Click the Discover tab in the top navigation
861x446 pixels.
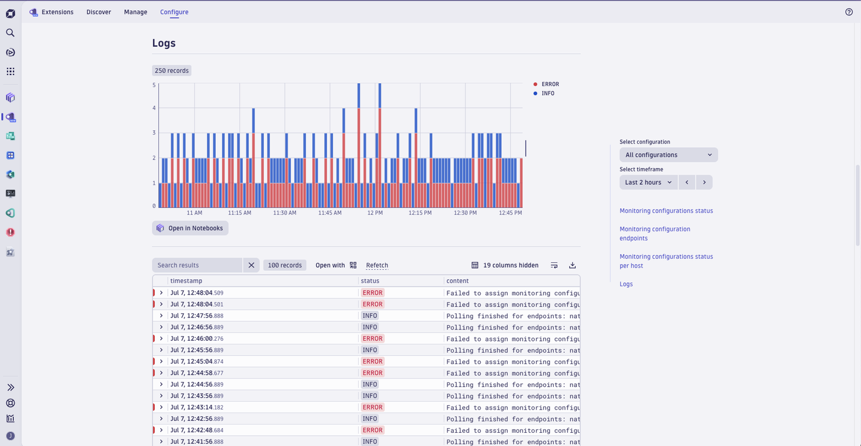pos(99,12)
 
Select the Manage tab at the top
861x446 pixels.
pos(136,12)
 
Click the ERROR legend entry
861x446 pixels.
pos(549,84)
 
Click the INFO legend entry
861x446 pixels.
pos(547,93)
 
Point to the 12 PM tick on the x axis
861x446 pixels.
pos(375,213)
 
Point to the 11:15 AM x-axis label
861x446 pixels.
pos(239,213)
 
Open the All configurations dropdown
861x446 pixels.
pos(668,155)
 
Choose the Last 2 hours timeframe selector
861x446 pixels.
pos(648,182)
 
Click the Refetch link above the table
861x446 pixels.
pos(377,265)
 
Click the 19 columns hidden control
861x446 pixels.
pos(505,265)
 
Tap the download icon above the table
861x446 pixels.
pos(572,265)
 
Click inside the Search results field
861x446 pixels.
pos(197,265)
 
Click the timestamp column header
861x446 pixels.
pos(187,281)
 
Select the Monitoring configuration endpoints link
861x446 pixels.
pos(655,234)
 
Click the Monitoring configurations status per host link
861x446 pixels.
pos(666,261)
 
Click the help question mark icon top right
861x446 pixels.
pos(849,12)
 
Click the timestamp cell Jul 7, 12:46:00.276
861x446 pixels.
pos(197,339)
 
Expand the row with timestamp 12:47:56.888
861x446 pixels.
pos(161,316)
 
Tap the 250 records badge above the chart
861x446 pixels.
pos(172,71)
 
